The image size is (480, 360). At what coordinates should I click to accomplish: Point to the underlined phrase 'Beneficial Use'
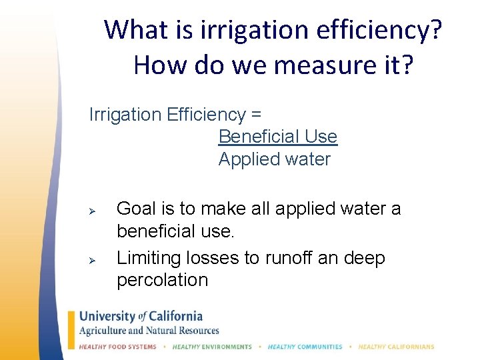pos(278,137)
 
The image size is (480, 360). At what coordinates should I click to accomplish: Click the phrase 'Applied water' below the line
pos(275,159)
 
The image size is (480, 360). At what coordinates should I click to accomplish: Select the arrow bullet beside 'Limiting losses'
pos(94,259)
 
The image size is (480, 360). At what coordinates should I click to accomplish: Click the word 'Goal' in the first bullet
pos(137,209)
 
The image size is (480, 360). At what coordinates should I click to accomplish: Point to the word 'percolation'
pos(162,280)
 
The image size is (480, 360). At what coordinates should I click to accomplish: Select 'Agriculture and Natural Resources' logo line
pos(149,331)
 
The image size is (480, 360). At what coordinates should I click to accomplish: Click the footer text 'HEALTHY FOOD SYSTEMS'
pos(118,347)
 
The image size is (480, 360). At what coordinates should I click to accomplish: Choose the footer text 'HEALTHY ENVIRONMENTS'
pos(212,347)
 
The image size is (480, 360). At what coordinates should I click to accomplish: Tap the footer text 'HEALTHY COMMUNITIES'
pos(305,347)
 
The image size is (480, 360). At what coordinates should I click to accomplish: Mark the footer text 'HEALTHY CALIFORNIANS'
pos(395,347)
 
